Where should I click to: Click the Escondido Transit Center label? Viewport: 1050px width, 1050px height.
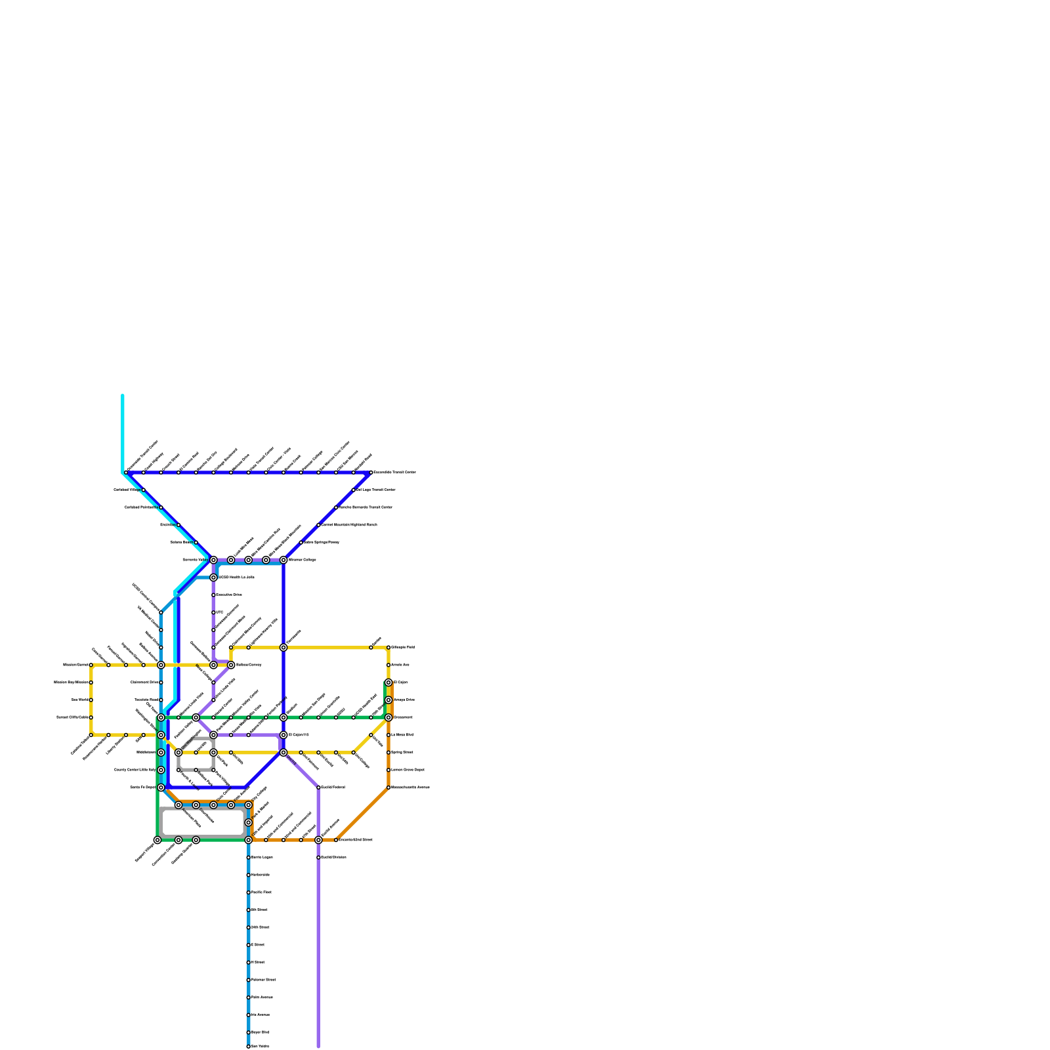394,472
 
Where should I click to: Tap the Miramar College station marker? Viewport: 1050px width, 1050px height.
283,560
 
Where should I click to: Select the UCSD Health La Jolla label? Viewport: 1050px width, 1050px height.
236,577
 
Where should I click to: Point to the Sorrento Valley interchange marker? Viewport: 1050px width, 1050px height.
213,560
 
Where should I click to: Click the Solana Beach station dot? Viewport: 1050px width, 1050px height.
196,542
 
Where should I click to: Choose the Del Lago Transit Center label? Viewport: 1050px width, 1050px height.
376,490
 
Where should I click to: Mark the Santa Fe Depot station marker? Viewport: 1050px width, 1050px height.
161,787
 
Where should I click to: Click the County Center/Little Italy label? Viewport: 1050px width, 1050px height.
135,770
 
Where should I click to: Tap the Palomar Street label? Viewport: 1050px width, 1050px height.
263,980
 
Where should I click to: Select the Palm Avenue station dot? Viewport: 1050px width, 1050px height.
248,997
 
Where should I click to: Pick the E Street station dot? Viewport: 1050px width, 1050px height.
248,945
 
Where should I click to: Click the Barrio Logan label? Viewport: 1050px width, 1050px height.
262,857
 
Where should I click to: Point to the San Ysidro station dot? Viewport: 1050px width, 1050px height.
248,1047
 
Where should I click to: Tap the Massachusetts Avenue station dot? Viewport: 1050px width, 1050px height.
388,787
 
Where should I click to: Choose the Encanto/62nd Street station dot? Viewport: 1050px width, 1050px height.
336,840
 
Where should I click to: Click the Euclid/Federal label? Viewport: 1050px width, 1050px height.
333,787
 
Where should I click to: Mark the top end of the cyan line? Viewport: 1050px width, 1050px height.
123,395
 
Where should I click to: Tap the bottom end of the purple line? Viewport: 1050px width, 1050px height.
318,1046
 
